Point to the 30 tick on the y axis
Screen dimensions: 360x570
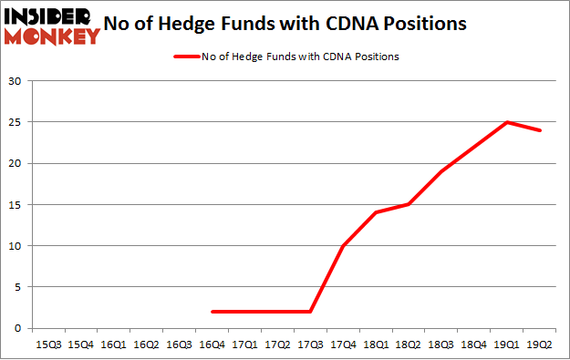click(x=16, y=81)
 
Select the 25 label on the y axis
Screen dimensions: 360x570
click(x=16, y=122)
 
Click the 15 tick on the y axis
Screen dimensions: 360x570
click(x=16, y=205)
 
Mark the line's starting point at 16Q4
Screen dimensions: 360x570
click(x=212, y=312)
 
